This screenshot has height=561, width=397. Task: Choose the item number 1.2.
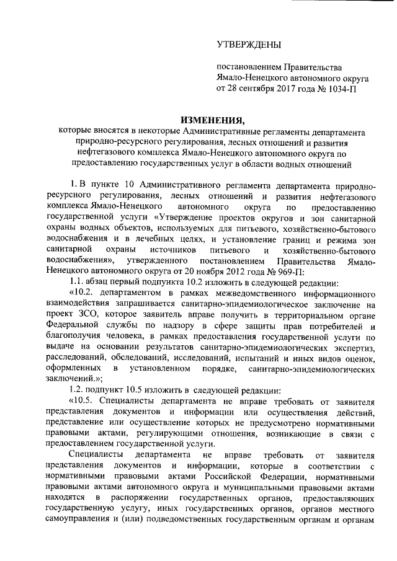coord(78,389)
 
